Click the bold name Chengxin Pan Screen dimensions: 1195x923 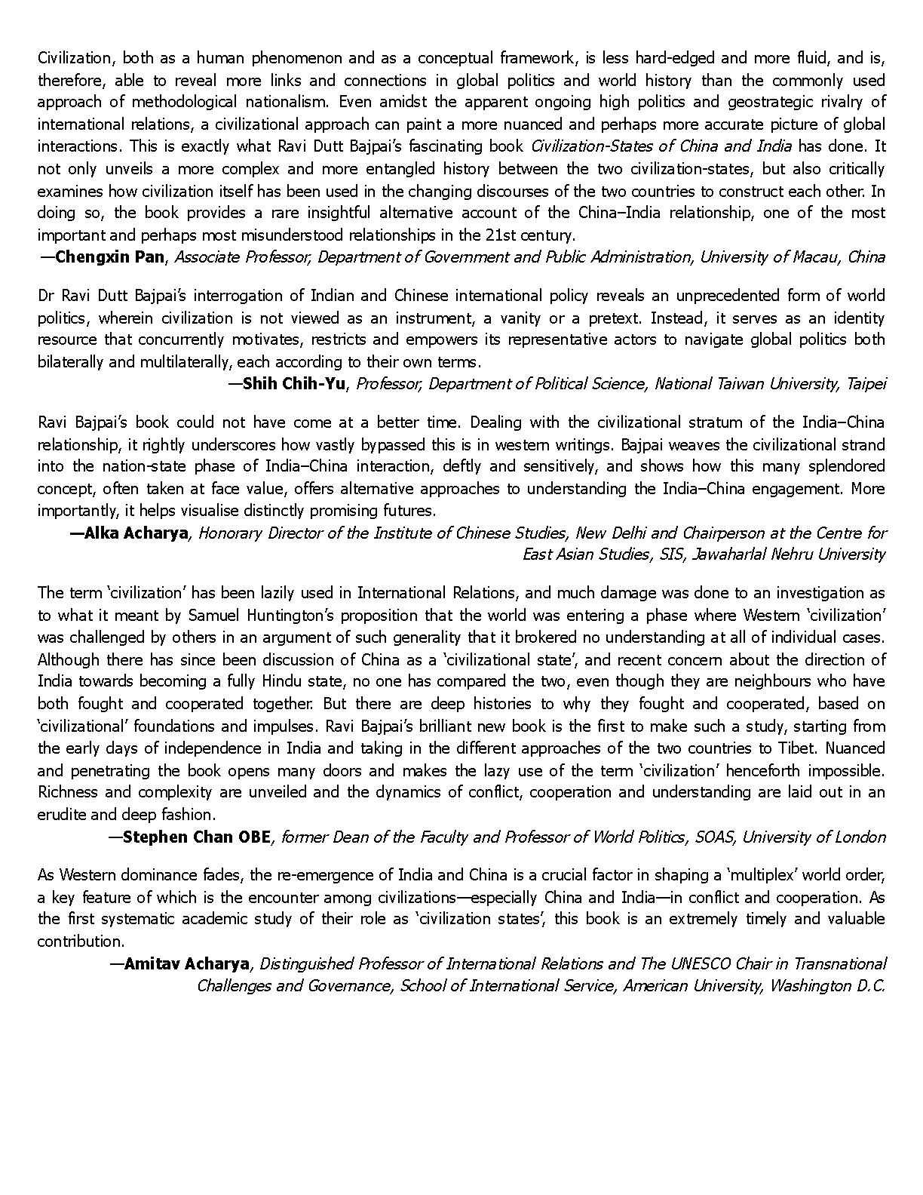click(109, 257)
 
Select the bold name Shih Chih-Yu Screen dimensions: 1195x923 click(294, 383)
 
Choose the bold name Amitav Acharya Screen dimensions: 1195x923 click(187, 963)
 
